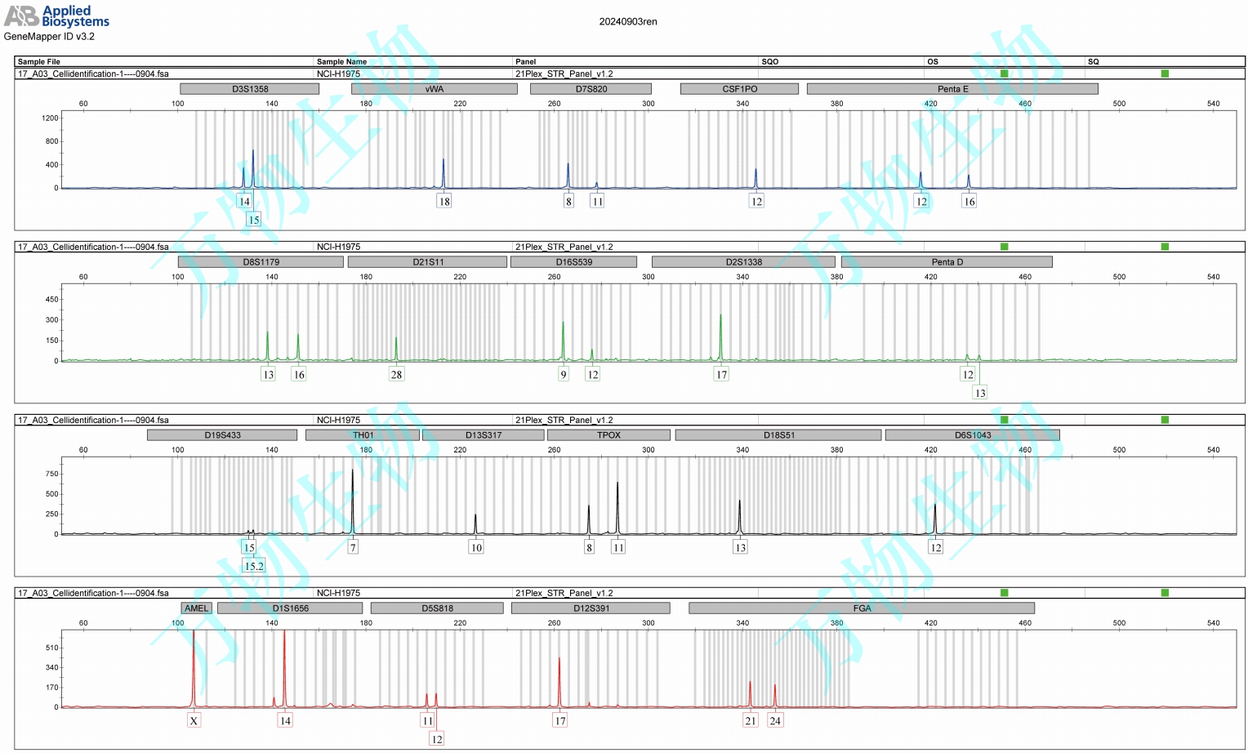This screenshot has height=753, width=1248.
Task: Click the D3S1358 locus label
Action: (x=249, y=89)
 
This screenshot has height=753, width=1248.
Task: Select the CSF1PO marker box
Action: (x=739, y=89)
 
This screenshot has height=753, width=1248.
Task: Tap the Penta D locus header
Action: (x=947, y=262)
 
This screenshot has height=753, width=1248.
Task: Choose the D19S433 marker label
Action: (x=222, y=435)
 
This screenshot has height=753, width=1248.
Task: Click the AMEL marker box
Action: (x=196, y=608)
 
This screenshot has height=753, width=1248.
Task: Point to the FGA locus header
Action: (x=862, y=608)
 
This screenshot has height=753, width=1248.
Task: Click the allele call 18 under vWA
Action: (x=444, y=202)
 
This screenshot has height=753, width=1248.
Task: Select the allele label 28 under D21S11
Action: (x=396, y=375)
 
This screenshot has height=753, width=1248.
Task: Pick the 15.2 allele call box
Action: (x=254, y=566)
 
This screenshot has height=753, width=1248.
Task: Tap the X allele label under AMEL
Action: (x=194, y=721)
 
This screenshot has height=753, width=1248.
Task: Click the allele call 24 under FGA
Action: (x=775, y=721)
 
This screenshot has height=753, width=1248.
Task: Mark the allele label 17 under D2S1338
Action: (x=721, y=375)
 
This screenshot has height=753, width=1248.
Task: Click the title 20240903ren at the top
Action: (x=627, y=22)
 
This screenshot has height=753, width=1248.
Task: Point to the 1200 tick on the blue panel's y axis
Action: (x=50, y=118)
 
